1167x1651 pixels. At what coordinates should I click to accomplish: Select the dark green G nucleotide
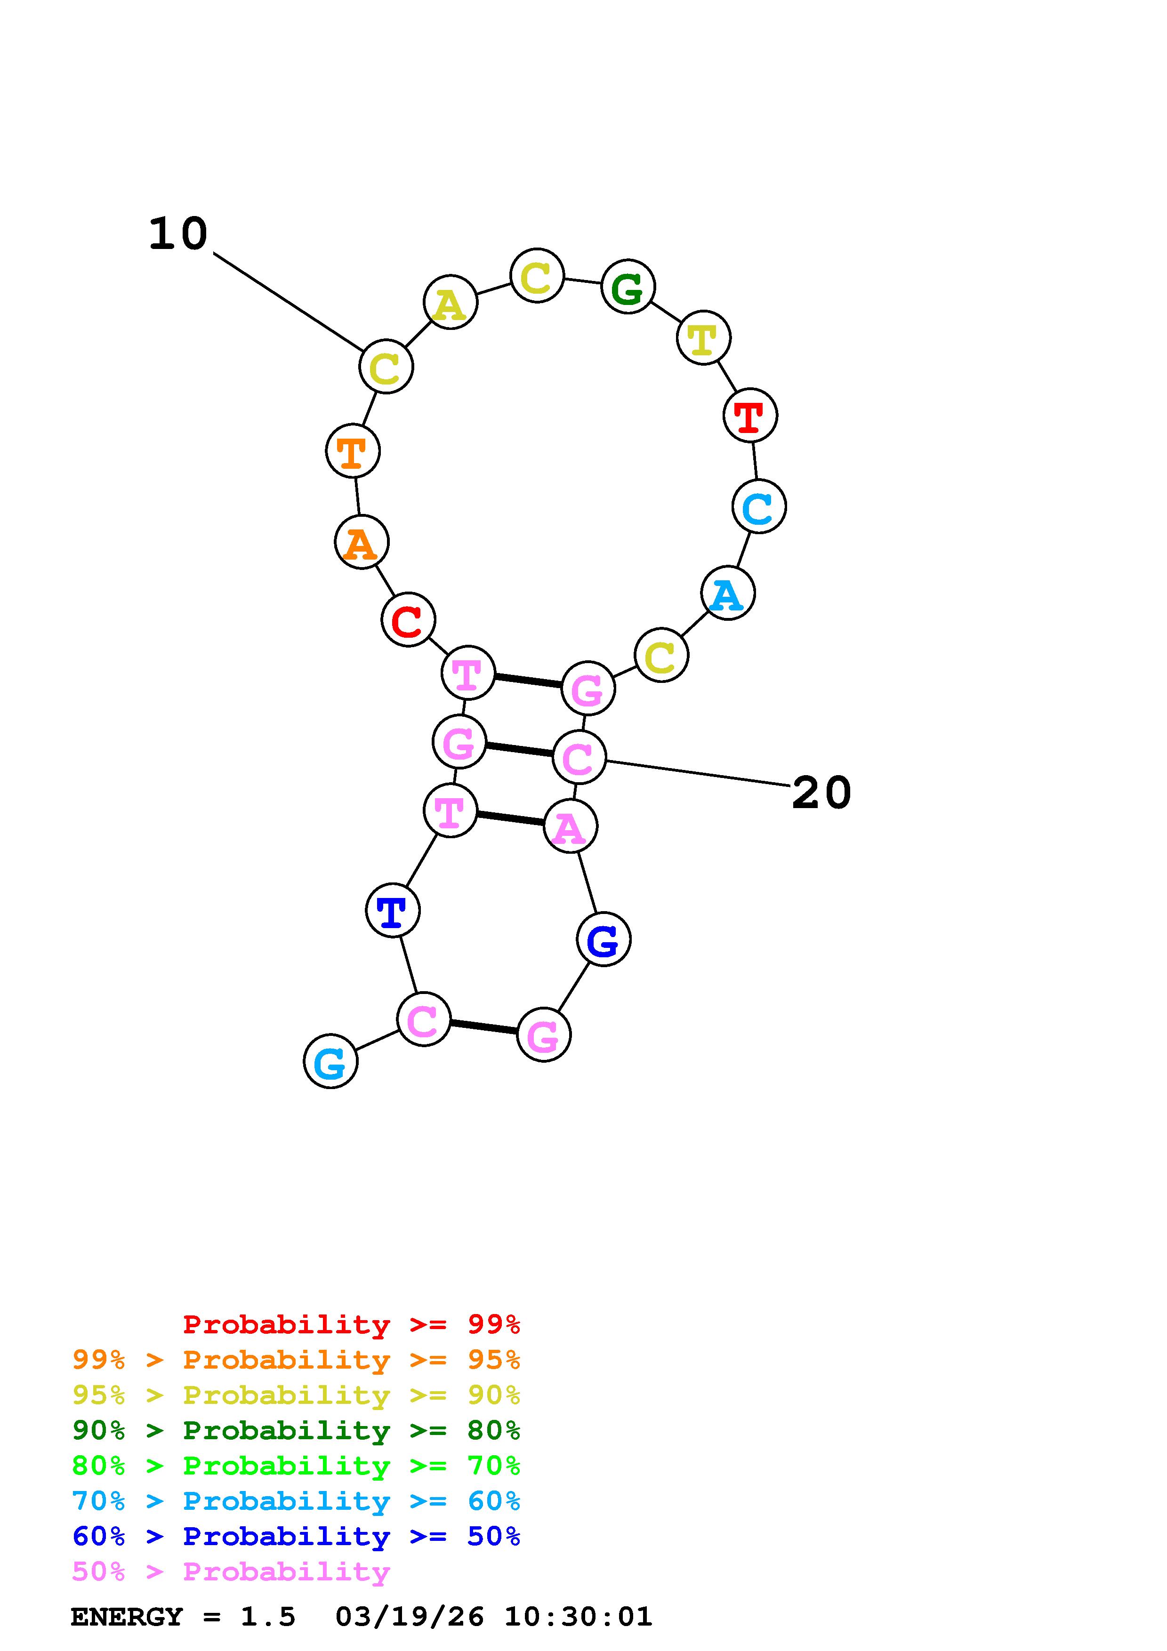628,287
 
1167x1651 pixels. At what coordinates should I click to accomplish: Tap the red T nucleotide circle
750,416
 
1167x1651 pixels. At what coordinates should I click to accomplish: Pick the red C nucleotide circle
408,620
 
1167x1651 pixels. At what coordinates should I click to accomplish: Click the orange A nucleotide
362,542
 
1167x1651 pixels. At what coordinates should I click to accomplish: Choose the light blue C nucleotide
758,507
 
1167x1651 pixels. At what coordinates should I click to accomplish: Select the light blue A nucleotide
728,593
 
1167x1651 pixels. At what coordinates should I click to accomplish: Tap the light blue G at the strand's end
331,1061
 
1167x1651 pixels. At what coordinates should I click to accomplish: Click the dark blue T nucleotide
393,910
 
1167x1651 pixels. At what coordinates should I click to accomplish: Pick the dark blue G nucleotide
604,939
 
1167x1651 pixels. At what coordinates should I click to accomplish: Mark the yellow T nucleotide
703,338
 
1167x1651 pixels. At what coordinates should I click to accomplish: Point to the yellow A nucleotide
450,303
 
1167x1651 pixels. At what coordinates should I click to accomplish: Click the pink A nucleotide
570,827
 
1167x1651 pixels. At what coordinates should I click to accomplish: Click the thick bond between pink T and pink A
510,818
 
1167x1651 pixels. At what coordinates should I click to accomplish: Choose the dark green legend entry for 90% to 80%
296,1431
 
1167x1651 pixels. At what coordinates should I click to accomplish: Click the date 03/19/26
409,1617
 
